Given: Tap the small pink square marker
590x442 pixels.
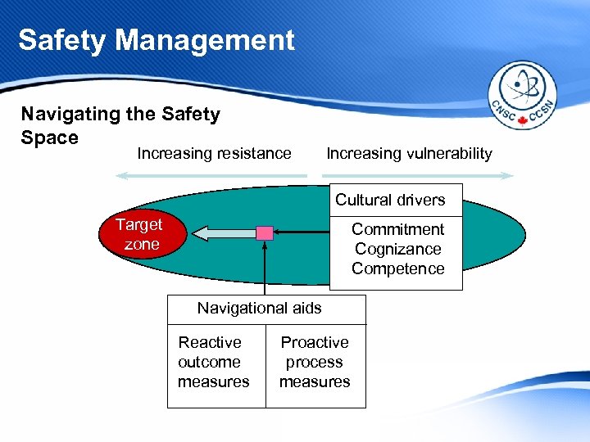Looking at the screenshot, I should pos(265,233).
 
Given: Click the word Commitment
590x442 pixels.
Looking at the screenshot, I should pos(397,229).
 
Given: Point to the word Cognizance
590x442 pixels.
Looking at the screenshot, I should pos(397,249).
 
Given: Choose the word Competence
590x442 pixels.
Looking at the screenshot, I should pos(397,268).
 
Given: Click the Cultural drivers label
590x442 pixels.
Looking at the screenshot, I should pos(390,200).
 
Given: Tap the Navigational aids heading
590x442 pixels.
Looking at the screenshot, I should pos(260,309).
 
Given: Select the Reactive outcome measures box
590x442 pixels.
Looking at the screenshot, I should pos(214,362).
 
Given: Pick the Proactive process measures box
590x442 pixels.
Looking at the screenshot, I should pos(315,362).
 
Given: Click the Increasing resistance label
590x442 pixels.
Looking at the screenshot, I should pos(214,153).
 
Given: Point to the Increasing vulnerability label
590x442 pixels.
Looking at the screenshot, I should pos(409,153).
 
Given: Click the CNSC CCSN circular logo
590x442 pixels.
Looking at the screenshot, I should pos(522,96).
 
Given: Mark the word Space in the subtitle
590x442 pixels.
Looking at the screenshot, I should pos(49,138).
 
